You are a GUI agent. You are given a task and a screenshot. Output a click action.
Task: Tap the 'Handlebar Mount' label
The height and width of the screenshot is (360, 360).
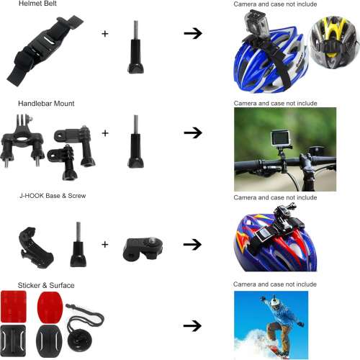click(x=46, y=104)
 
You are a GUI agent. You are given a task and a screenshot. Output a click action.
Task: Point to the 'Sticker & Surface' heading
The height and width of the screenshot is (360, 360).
click(x=46, y=285)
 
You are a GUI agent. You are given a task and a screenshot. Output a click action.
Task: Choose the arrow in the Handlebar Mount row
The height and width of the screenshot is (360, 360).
click(x=192, y=133)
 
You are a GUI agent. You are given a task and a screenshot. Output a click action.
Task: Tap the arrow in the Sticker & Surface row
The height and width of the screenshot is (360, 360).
click(x=192, y=326)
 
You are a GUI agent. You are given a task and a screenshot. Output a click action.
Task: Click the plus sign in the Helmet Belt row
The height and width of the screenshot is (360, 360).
click(x=105, y=33)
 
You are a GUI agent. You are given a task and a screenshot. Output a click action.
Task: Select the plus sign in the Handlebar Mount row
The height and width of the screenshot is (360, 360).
click(x=105, y=133)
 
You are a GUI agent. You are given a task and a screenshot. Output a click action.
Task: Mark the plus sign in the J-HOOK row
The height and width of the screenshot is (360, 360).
click(x=105, y=244)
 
